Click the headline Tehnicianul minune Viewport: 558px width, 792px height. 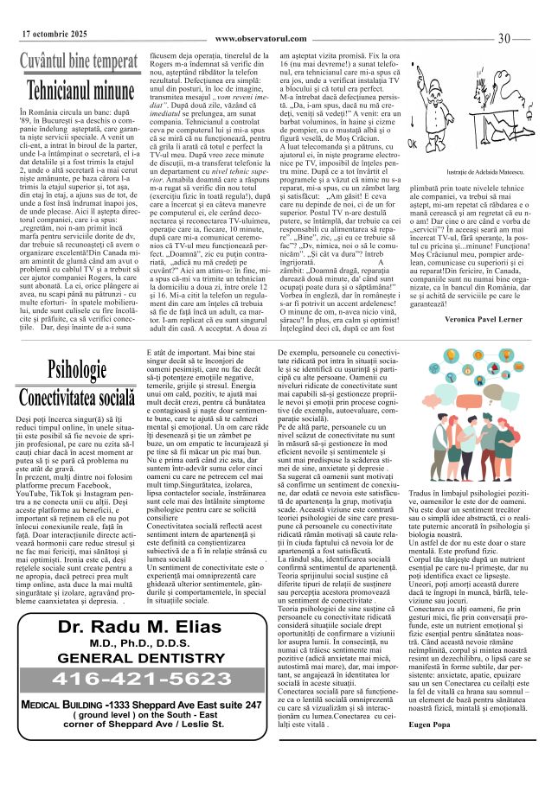(x=76, y=90)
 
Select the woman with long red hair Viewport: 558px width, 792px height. (x=456, y=450)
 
